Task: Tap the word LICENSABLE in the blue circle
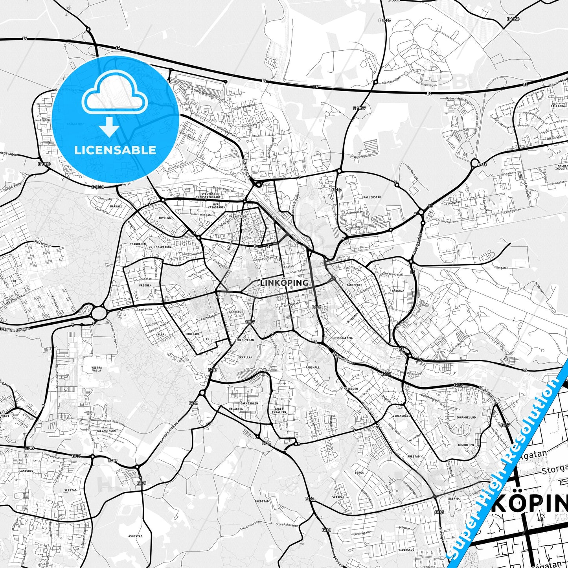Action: (115, 150)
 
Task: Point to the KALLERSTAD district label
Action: (372, 197)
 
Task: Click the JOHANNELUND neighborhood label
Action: (466, 417)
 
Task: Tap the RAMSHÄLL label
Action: (312, 367)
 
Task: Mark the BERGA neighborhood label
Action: (359, 473)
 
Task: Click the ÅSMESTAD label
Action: (135, 536)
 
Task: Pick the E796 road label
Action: (482, 165)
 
